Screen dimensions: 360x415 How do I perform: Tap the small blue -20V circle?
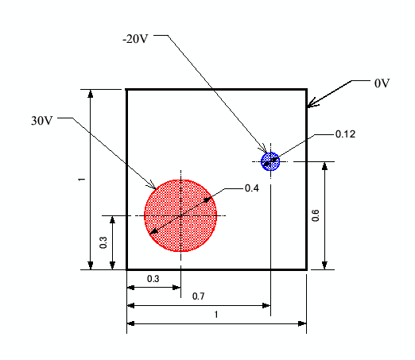tap(270, 161)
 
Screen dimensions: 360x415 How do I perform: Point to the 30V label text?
tap(42, 121)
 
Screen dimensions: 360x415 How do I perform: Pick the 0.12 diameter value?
tap(345, 134)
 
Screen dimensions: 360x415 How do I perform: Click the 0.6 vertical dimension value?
tap(316, 215)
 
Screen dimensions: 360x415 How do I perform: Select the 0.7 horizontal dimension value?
tap(198, 296)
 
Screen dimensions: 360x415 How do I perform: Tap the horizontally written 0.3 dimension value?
tap(153, 279)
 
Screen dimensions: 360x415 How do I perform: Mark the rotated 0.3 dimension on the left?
tap(103, 242)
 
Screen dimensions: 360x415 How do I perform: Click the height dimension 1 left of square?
tap(82, 180)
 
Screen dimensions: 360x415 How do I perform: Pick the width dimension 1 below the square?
tap(216, 315)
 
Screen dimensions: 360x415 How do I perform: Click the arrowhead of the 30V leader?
tap(155, 188)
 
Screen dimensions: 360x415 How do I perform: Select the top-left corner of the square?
tap(127, 90)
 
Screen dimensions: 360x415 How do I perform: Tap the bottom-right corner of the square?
tap(306, 269)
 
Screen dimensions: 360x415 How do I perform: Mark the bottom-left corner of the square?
tap(127, 269)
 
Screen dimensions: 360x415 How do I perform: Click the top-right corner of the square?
tap(306, 90)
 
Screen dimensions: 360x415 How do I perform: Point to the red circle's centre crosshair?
tap(180, 215)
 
